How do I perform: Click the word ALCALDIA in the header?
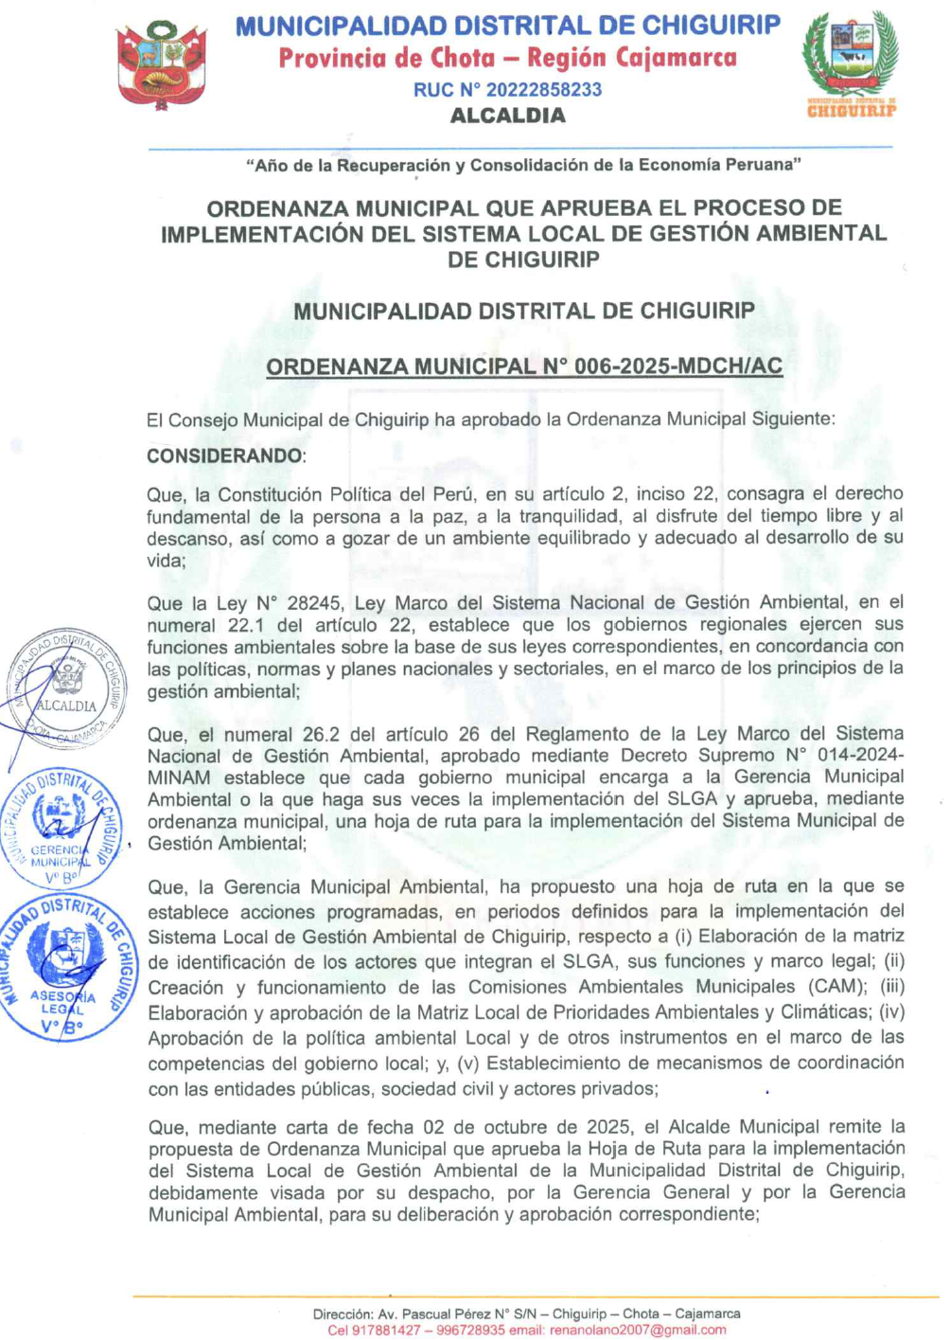point(507,116)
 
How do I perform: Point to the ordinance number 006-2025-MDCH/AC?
point(677,367)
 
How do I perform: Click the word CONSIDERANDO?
point(224,456)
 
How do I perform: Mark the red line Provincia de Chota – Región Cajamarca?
point(507,59)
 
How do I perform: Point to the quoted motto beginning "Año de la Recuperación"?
point(523,166)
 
